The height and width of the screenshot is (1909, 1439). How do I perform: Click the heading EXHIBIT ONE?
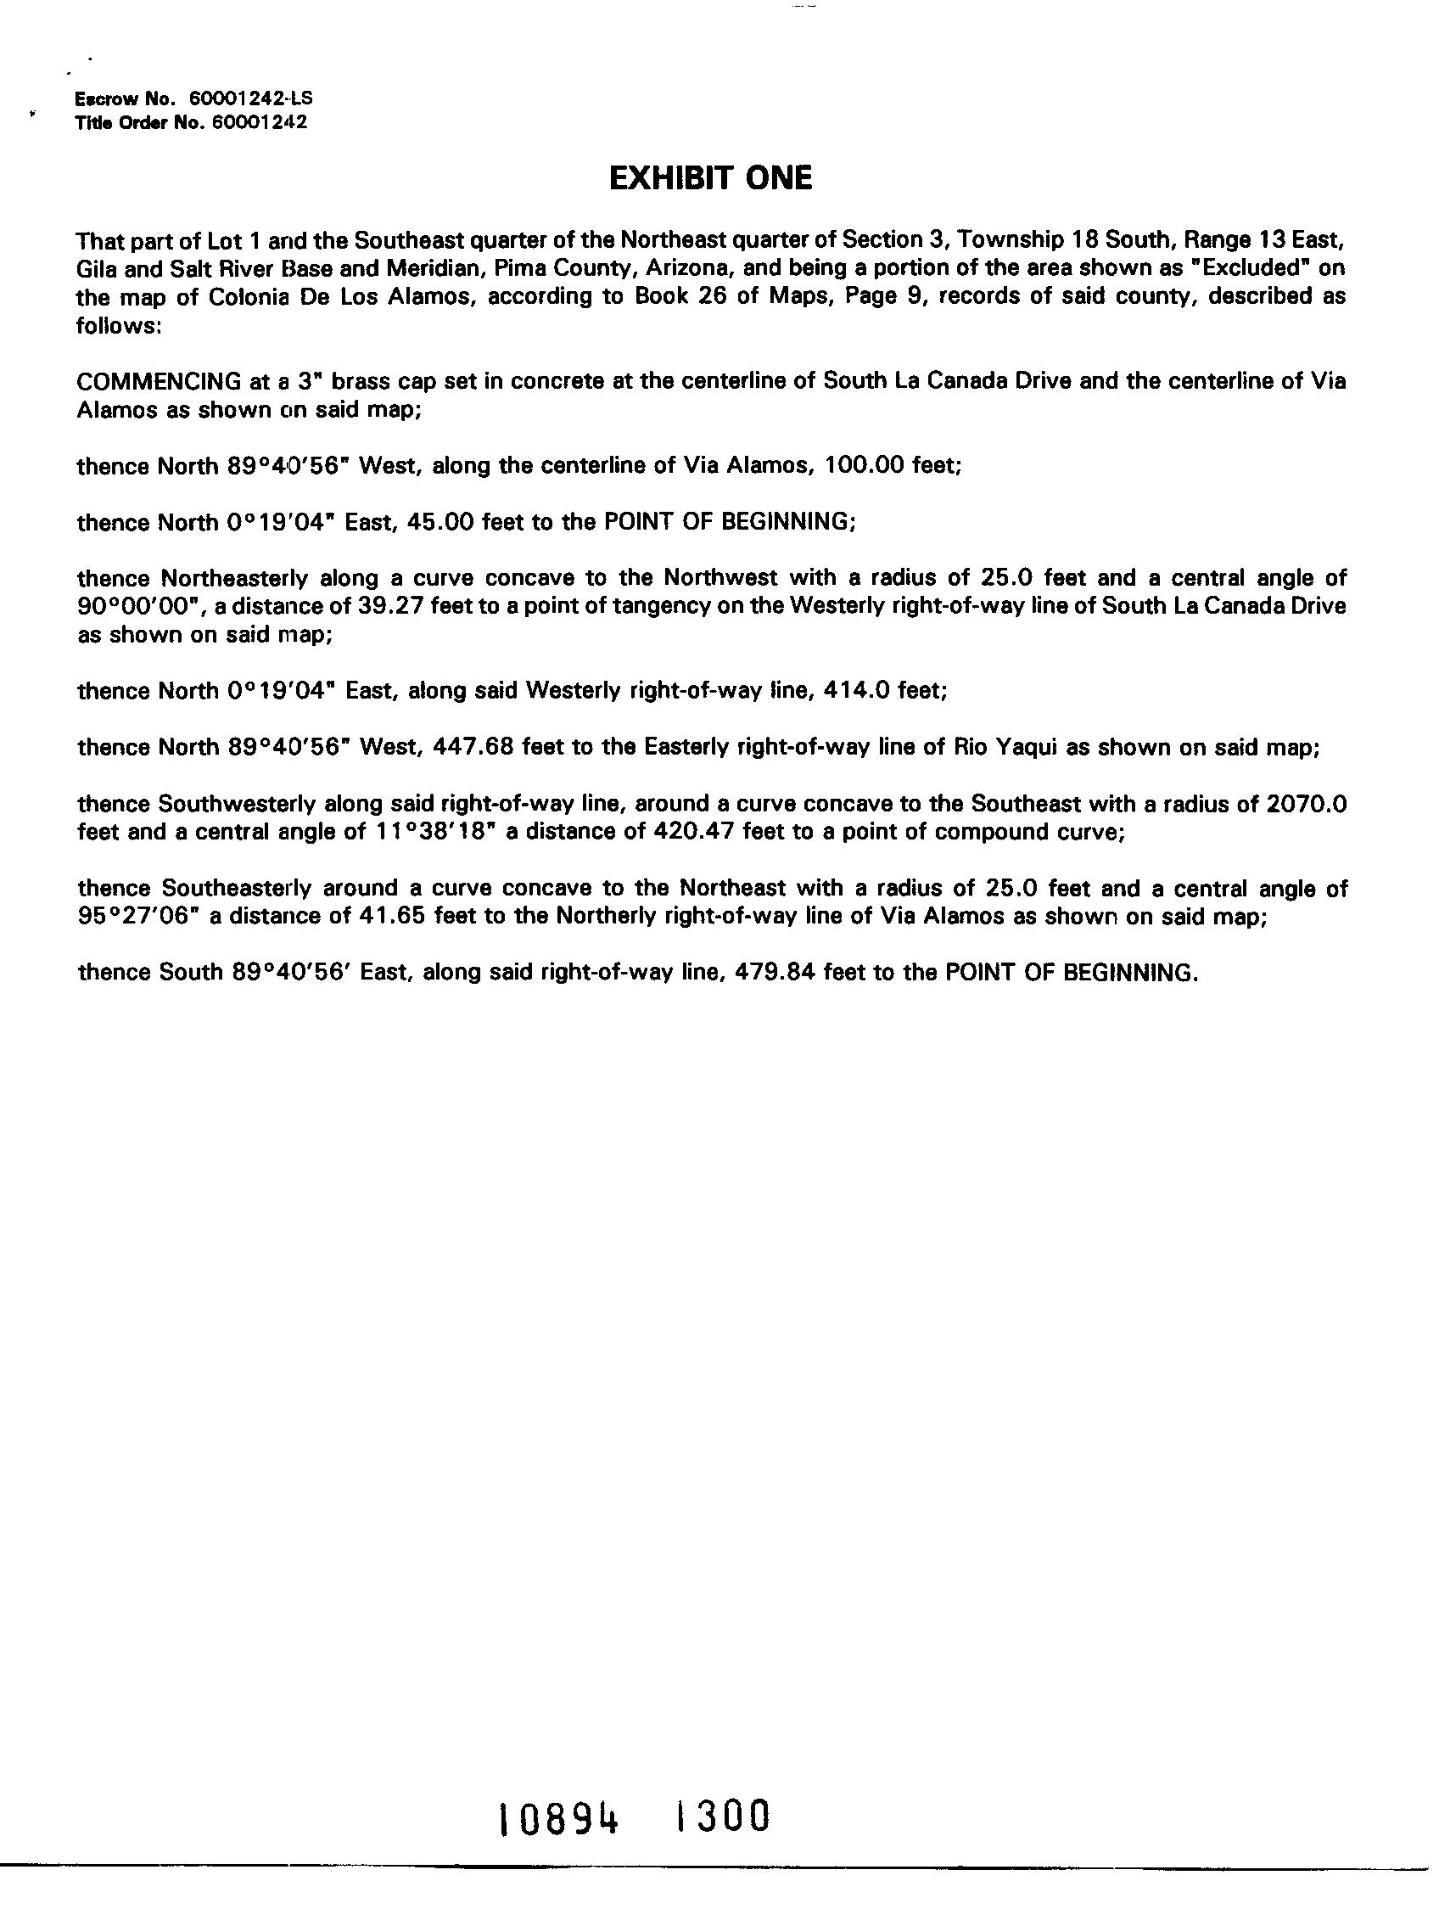pyautogui.click(x=710, y=178)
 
